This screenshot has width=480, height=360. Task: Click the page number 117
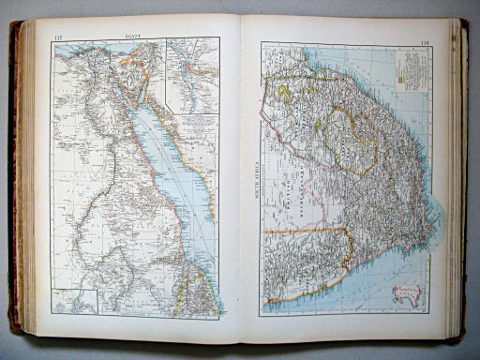pyautogui.click(x=58, y=37)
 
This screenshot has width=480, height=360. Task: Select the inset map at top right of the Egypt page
pyautogui.click(x=192, y=74)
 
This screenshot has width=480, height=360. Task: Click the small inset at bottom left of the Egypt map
pyautogui.click(x=76, y=301)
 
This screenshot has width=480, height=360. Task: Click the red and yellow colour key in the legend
pyautogui.click(x=400, y=80)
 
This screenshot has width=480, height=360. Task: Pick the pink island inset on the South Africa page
pyautogui.click(x=406, y=295)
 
